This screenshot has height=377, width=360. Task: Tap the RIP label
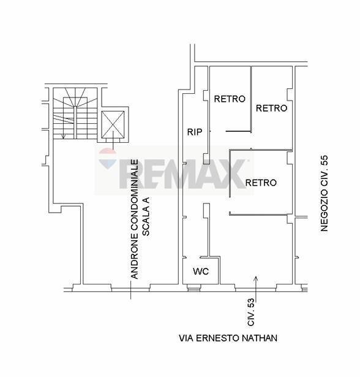tap(195, 131)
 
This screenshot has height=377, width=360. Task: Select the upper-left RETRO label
tap(229, 99)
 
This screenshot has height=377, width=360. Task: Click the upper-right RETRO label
tap(271, 109)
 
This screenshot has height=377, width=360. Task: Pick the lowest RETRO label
tap(261, 183)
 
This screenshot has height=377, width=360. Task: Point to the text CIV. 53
tap(251, 311)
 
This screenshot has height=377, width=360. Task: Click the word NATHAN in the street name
tap(260, 338)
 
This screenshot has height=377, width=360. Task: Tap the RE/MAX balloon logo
tap(108, 160)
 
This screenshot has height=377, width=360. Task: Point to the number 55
tap(324, 161)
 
